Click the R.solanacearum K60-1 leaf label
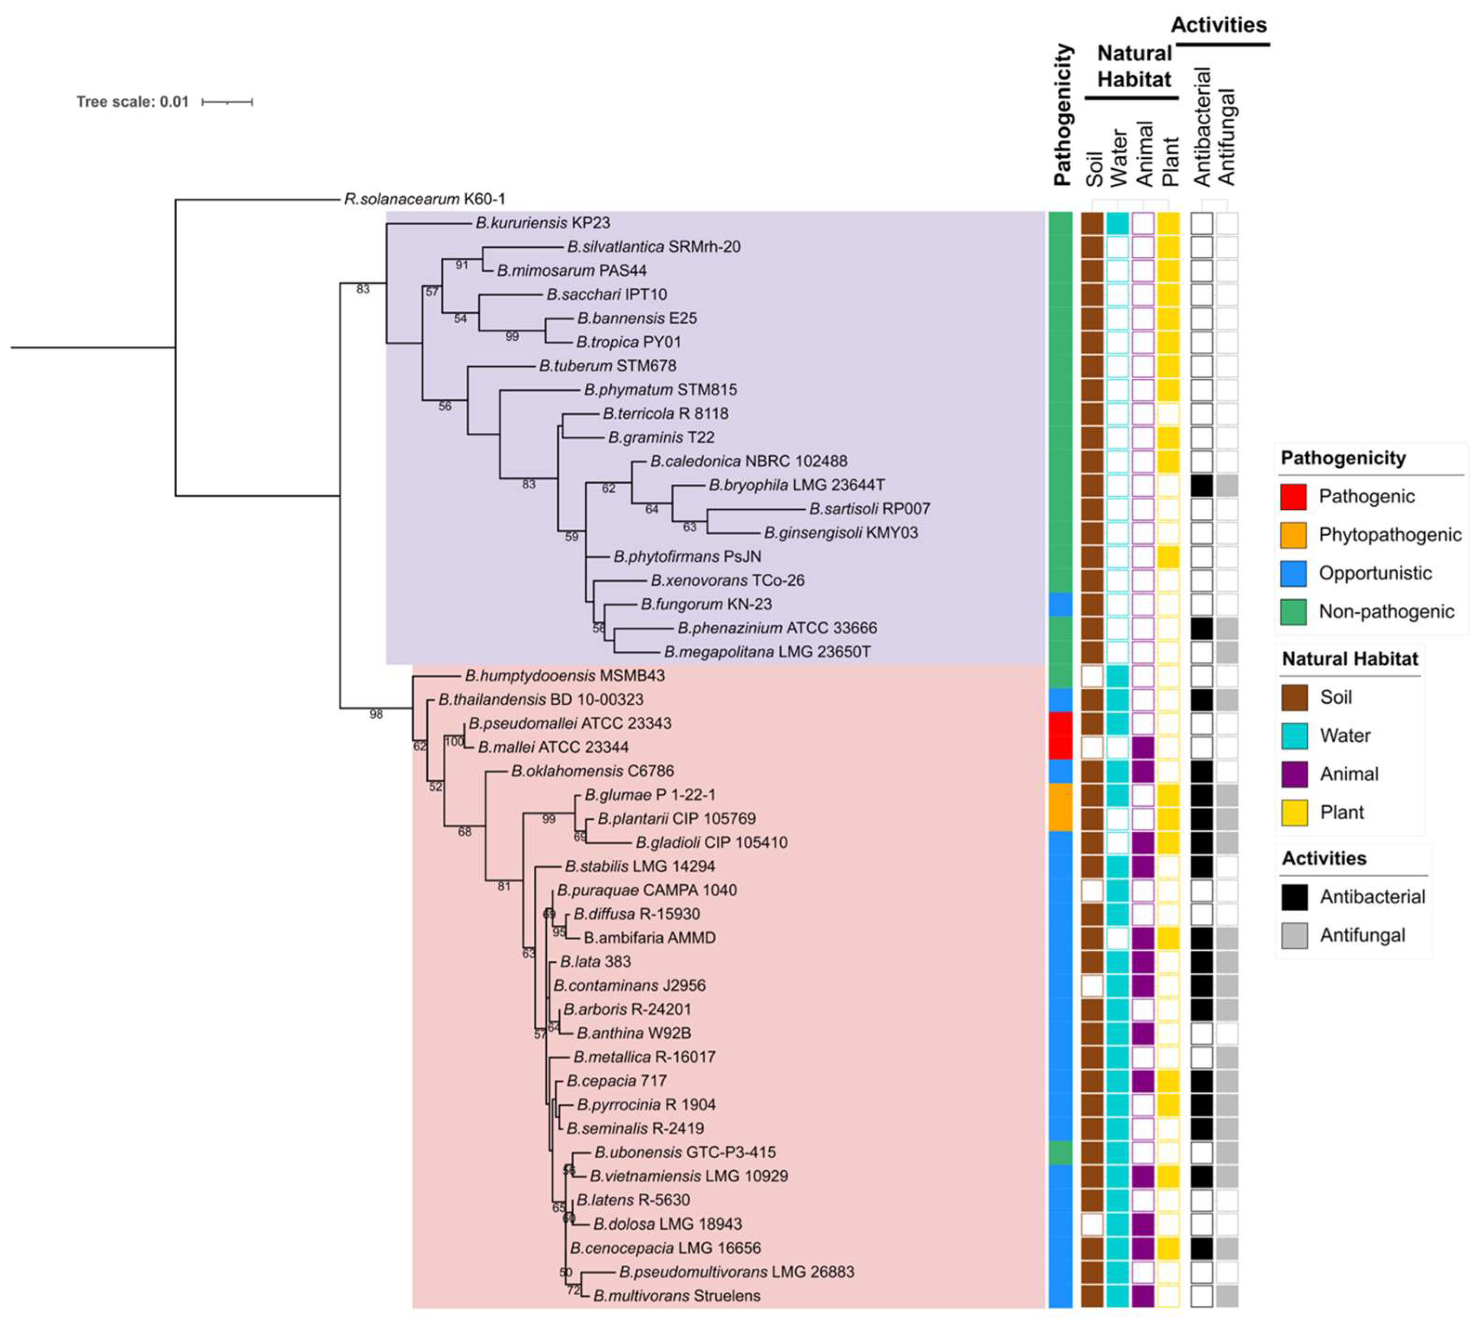point(425,199)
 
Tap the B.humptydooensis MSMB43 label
point(564,676)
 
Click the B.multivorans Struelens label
point(676,1295)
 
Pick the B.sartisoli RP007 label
point(869,509)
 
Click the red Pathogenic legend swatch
point(1293,497)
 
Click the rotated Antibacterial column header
point(1201,127)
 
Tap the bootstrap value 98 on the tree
point(376,714)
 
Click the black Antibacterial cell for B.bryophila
point(1201,485)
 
